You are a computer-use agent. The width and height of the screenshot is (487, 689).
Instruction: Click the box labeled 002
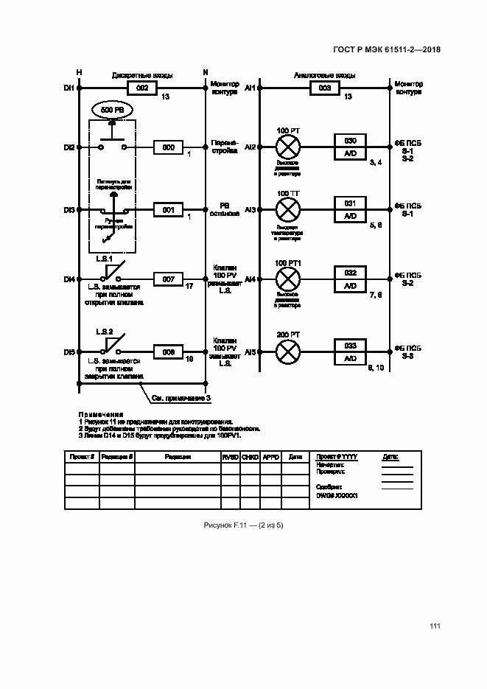point(142,88)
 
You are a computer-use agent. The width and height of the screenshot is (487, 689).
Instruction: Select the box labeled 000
point(168,148)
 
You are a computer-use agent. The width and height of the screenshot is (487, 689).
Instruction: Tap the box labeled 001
point(168,211)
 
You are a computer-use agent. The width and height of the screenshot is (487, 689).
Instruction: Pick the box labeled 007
point(168,279)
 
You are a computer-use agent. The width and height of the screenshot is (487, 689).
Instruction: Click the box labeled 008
point(168,352)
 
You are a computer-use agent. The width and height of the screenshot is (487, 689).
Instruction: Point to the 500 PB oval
point(112,110)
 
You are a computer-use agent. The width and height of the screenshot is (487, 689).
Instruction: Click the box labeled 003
point(323,88)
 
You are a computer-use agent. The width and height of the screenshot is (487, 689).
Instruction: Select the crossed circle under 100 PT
point(287,147)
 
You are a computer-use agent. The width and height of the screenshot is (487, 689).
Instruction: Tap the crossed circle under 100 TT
point(287,210)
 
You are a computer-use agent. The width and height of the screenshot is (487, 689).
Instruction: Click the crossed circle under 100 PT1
point(287,279)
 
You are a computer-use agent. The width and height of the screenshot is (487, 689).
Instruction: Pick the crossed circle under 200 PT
point(287,352)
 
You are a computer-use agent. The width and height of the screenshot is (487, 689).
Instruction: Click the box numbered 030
point(351,141)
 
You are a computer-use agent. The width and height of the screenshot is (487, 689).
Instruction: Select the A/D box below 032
point(351,286)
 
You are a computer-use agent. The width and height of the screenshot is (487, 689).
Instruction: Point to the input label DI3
point(69,211)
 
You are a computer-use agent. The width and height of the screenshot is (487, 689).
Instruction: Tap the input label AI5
point(250,352)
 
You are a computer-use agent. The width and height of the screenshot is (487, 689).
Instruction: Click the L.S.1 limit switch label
point(103,259)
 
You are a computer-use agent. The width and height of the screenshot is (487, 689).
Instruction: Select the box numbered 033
point(351,345)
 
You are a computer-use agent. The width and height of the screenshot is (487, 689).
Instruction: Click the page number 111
point(434,626)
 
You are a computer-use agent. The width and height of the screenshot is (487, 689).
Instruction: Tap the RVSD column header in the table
point(231,457)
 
